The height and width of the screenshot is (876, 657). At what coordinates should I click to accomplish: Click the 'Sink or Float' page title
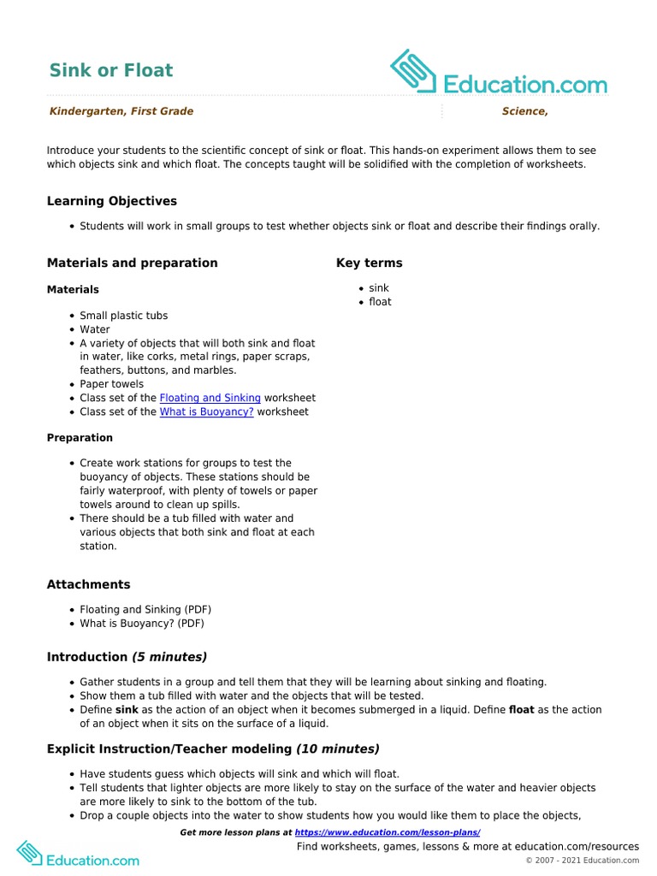110,70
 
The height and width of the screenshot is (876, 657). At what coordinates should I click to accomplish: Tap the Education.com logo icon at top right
414,72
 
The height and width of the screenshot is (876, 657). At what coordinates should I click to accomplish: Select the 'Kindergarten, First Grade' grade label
121,111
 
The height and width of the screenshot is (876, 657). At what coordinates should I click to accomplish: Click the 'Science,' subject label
524,111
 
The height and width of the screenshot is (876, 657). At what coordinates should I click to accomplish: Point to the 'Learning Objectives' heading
111,201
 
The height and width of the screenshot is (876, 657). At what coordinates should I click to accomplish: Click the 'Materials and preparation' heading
132,263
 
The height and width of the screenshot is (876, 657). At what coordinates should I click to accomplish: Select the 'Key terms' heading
369,263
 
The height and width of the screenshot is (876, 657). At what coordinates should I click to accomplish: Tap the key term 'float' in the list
380,302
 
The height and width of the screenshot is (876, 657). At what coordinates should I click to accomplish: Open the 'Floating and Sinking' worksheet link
210,398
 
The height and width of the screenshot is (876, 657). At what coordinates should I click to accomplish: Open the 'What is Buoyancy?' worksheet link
206,411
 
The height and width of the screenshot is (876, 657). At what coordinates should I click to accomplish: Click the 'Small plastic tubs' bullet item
123,316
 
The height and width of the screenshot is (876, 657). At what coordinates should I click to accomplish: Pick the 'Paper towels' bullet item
111,384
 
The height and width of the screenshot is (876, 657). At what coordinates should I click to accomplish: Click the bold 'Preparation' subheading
80,437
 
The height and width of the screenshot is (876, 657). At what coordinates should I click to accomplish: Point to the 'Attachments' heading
88,584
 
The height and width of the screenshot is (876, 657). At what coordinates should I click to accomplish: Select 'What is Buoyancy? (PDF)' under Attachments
142,624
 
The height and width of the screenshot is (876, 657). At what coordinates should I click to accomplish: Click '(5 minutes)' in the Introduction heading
169,657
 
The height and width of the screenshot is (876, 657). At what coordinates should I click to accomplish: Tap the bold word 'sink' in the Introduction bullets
127,710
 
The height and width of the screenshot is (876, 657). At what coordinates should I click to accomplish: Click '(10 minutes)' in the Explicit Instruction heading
337,749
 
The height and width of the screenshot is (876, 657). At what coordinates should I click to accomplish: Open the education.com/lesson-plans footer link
387,832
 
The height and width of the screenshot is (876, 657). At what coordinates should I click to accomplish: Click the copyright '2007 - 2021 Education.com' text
587,860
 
